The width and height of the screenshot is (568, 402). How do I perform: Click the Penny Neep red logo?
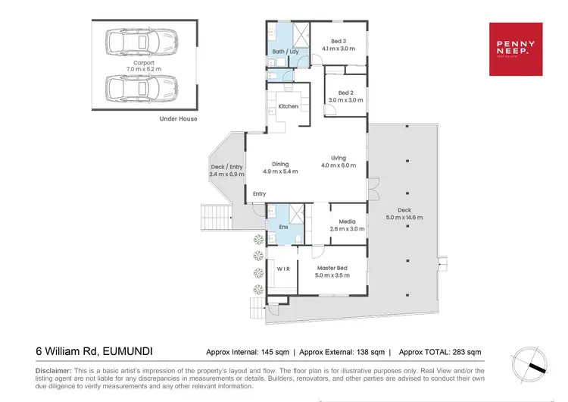[x=516, y=49]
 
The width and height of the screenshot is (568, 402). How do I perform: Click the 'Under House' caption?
[x=178, y=119]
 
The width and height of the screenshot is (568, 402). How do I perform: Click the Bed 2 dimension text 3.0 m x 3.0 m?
[x=345, y=100]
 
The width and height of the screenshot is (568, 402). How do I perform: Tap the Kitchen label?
[x=289, y=106]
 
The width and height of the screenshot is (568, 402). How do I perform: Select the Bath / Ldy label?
[x=286, y=52]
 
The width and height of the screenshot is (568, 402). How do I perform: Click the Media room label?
[x=348, y=221]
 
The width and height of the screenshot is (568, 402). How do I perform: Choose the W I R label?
[x=283, y=269]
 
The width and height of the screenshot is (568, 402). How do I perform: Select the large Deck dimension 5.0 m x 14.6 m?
[x=404, y=218]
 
